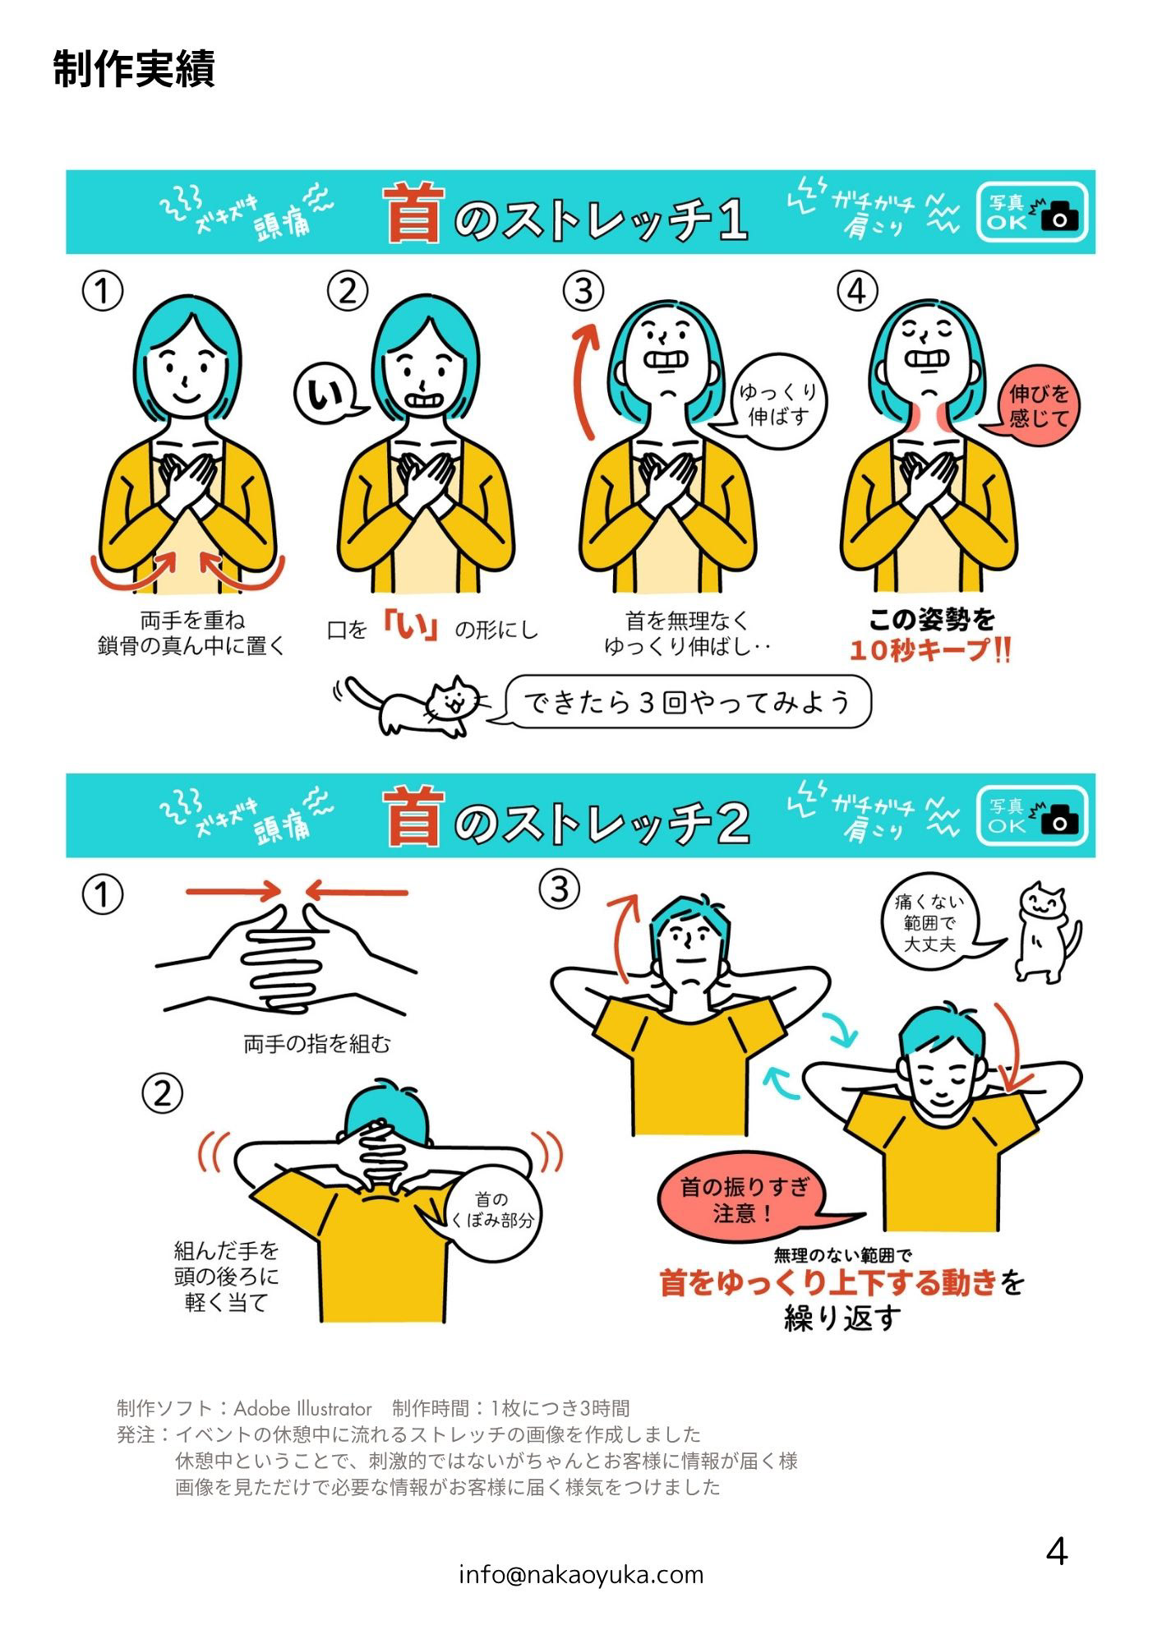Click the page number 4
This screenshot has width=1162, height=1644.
(x=1057, y=1552)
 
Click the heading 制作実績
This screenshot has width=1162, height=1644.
(x=134, y=68)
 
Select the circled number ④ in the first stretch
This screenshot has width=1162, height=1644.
(x=857, y=291)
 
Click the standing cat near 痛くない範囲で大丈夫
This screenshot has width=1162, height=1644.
(x=1047, y=932)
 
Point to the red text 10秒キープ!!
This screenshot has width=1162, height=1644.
(x=929, y=650)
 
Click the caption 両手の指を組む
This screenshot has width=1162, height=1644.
(x=317, y=1044)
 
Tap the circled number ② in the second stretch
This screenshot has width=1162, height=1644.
(x=162, y=1093)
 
